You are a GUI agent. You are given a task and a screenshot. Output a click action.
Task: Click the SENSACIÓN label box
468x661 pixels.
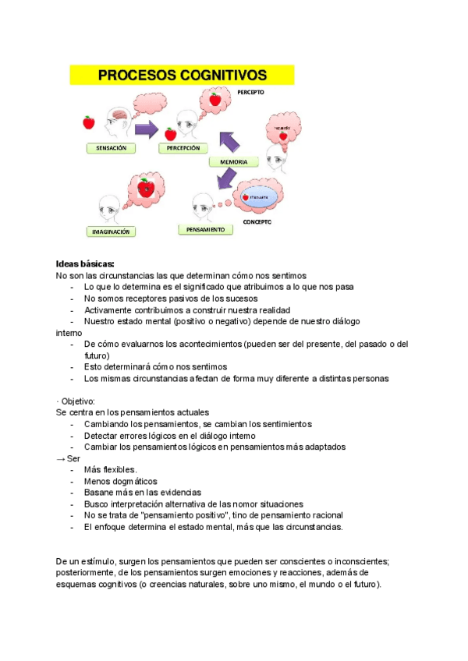click(111, 147)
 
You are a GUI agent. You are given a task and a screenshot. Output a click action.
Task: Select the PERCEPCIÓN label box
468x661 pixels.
click(183, 147)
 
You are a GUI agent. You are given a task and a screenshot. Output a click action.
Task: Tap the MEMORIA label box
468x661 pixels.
click(233, 162)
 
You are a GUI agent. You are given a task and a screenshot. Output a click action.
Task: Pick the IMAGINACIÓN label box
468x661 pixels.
click(111, 232)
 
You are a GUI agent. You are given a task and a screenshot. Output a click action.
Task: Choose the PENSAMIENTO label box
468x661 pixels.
click(206, 230)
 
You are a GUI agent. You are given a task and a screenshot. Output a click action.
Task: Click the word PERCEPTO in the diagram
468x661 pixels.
click(250, 91)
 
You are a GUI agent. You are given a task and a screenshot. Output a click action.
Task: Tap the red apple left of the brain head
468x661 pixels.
click(89, 122)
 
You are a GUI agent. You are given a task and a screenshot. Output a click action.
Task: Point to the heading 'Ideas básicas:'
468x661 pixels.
click(85, 263)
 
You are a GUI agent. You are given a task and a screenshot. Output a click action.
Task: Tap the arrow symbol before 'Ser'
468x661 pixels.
click(60, 458)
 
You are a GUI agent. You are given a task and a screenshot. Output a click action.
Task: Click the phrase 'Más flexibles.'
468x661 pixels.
click(110, 469)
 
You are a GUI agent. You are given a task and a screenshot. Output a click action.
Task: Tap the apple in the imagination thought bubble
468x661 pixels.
click(144, 187)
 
